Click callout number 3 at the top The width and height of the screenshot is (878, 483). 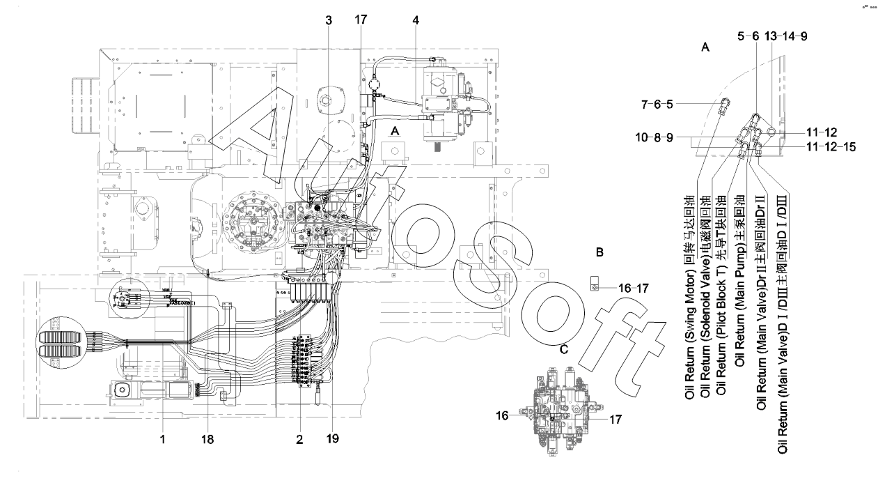click(329, 20)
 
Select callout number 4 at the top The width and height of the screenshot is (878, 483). click(416, 20)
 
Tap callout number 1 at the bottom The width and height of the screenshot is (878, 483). click(163, 440)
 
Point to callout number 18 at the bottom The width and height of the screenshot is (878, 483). click(207, 440)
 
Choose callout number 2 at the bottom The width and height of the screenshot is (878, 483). click(299, 440)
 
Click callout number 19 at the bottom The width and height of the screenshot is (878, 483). click(332, 438)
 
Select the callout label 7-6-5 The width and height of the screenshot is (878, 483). click(657, 105)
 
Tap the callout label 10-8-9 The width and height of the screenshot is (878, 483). click(654, 138)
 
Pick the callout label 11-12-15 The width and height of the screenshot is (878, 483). click(831, 147)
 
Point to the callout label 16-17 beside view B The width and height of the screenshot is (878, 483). click(634, 289)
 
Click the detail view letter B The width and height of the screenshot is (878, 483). click(599, 252)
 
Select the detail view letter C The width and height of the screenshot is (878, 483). click(564, 349)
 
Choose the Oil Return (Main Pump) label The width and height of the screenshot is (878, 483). click(739, 281)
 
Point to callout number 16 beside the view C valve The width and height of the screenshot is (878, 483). click(502, 415)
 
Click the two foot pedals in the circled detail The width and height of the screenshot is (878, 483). click(58, 344)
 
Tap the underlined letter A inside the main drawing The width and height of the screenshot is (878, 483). click(395, 131)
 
